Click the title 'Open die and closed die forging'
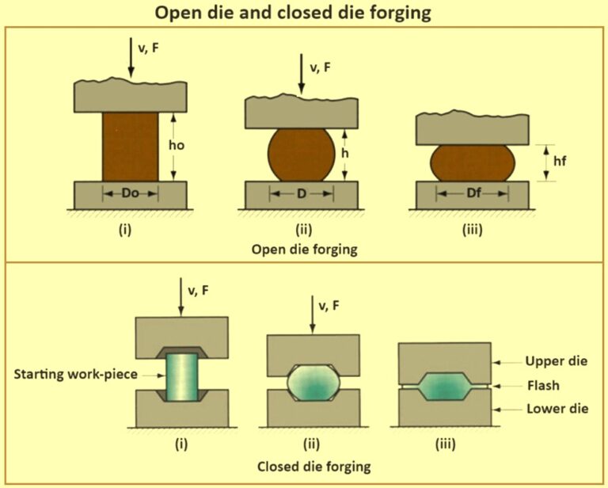point(304,13)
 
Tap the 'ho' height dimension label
point(179,146)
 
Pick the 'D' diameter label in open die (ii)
point(302,193)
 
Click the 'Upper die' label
point(557,361)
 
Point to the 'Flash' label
point(544,386)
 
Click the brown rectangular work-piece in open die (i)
point(131,146)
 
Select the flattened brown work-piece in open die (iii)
point(472,162)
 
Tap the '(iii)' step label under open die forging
point(472,231)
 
